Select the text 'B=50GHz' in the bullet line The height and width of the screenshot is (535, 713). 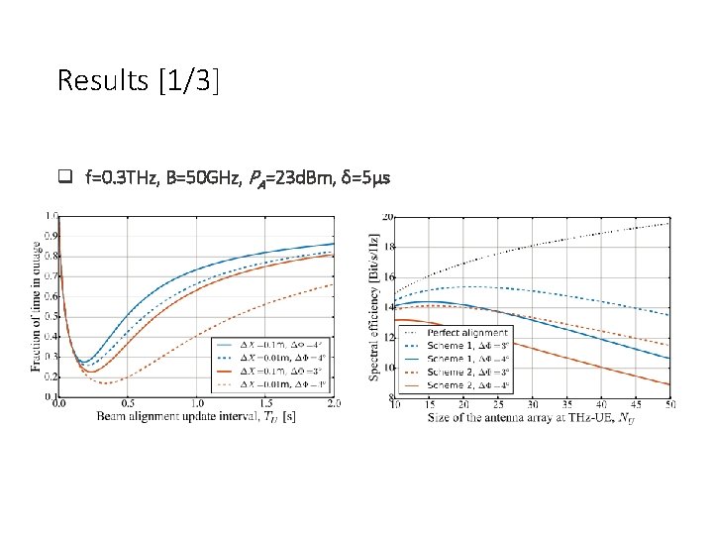[199, 178]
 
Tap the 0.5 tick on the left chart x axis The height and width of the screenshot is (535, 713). [128, 403]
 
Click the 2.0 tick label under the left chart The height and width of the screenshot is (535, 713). [334, 403]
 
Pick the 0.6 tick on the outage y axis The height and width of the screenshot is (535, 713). [51, 275]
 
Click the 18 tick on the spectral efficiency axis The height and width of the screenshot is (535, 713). [389, 247]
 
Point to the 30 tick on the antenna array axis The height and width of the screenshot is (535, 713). [533, 404]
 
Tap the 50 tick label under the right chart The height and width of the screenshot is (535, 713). [670, 404]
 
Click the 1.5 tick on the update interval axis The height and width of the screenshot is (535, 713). [265, 403]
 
